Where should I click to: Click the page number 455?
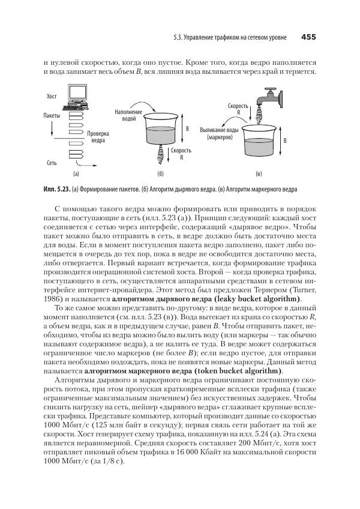coord(308,37)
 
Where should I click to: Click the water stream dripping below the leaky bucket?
coord(161,157)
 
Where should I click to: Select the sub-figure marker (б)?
coord(160,175)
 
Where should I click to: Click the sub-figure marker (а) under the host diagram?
coord(76,175)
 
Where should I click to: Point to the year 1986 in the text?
coord(55,299)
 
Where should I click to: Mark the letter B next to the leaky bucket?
coord(187,129)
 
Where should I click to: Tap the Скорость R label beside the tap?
coord(238,109)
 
